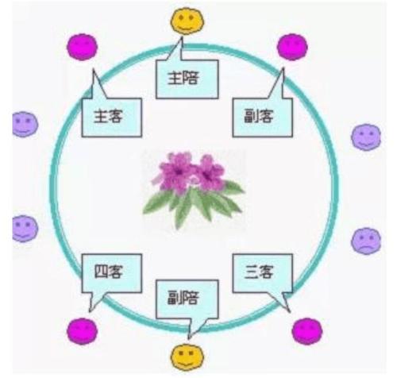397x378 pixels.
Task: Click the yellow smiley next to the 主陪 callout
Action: [x=186, y=21]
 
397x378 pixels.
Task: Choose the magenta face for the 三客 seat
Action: [x=306, y=330]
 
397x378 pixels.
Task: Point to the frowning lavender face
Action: [x=366, y=240]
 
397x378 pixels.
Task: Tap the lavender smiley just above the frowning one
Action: [x=366, y=137]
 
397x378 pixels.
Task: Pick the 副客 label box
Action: [x=261, y=116]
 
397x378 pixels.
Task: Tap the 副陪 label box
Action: [x=187, y=301]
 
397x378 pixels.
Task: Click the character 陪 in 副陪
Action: [x=197, y=301]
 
